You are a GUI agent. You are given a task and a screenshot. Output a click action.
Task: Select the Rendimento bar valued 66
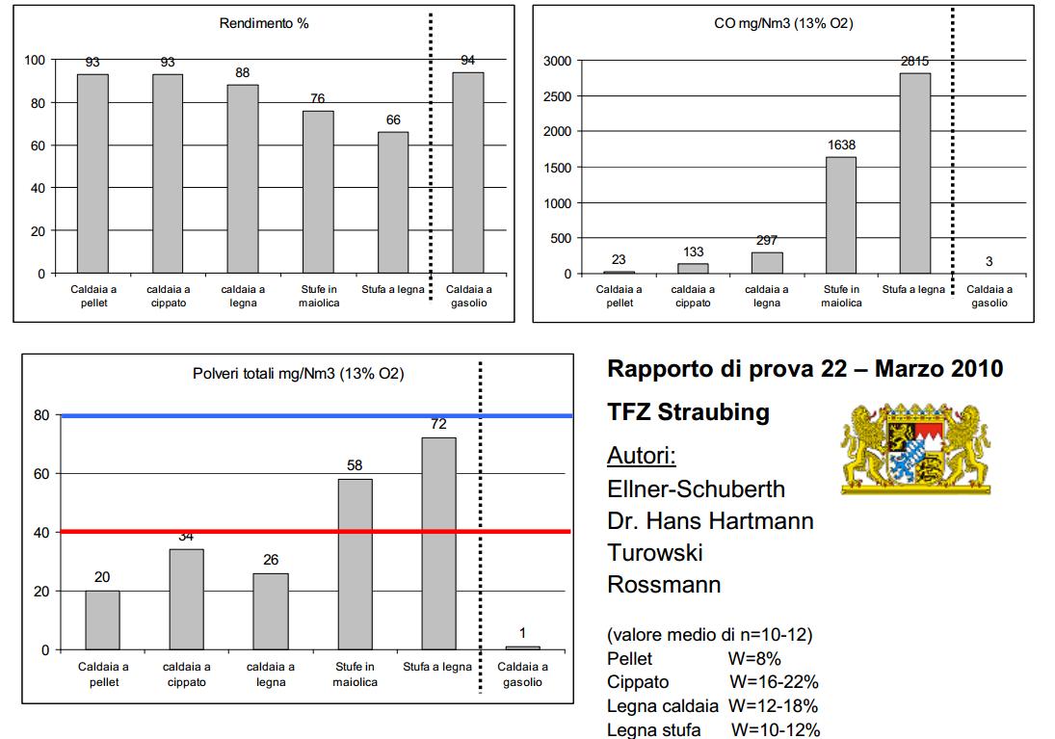393,202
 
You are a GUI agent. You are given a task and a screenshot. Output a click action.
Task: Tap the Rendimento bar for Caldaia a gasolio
468,173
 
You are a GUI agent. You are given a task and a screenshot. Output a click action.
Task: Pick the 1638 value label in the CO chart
840,145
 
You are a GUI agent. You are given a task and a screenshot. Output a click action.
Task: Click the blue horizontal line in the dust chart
318,415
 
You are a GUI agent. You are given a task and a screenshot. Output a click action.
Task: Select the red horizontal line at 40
318,532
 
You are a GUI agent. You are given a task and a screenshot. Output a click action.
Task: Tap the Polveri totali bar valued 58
355,564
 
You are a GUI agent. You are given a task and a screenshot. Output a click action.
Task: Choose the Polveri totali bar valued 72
438,543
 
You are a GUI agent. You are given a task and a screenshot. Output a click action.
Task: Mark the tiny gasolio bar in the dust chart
522,647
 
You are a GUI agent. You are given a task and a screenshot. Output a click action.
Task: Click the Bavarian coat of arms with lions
915,449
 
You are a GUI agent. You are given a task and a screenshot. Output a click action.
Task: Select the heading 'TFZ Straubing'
688,412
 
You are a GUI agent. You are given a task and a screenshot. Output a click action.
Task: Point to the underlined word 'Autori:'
642,456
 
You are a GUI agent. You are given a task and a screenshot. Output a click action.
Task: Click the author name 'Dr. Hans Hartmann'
710,521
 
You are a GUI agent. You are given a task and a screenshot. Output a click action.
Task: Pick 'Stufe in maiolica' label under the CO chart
840,296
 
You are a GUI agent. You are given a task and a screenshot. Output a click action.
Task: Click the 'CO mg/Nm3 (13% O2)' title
782,23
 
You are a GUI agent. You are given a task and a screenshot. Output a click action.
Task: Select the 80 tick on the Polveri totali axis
40,415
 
